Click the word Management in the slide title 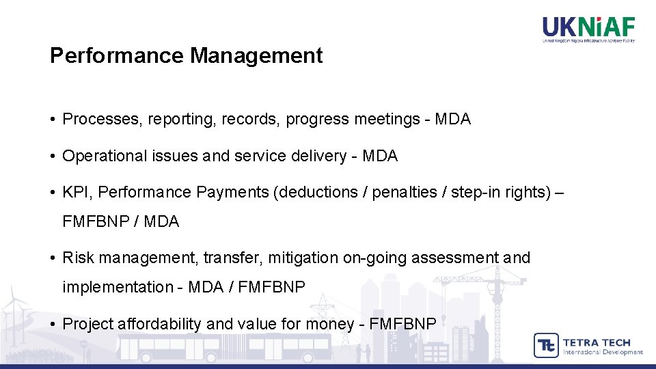pyautogui.click(x=256, y=56)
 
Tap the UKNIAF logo pyautogui.click(x=588, y=29)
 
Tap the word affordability pyautogui.click(x=160, y=324)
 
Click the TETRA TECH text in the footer pyautogui.click(x=596, y=342)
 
